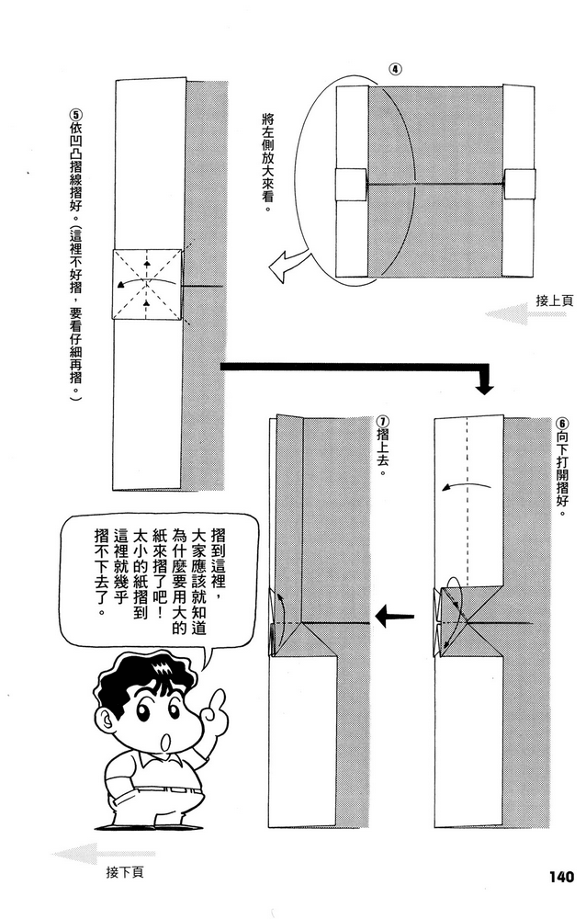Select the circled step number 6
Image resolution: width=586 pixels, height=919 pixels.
(x=562, y=415)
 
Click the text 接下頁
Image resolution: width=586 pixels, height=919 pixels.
(x=125, y=871)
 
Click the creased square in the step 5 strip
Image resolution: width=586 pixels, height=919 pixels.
(x=147, y=285)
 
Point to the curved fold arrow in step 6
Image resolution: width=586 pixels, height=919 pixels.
(x=458, y=486)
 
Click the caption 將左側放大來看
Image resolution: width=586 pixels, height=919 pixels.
(x=267, y=163)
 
